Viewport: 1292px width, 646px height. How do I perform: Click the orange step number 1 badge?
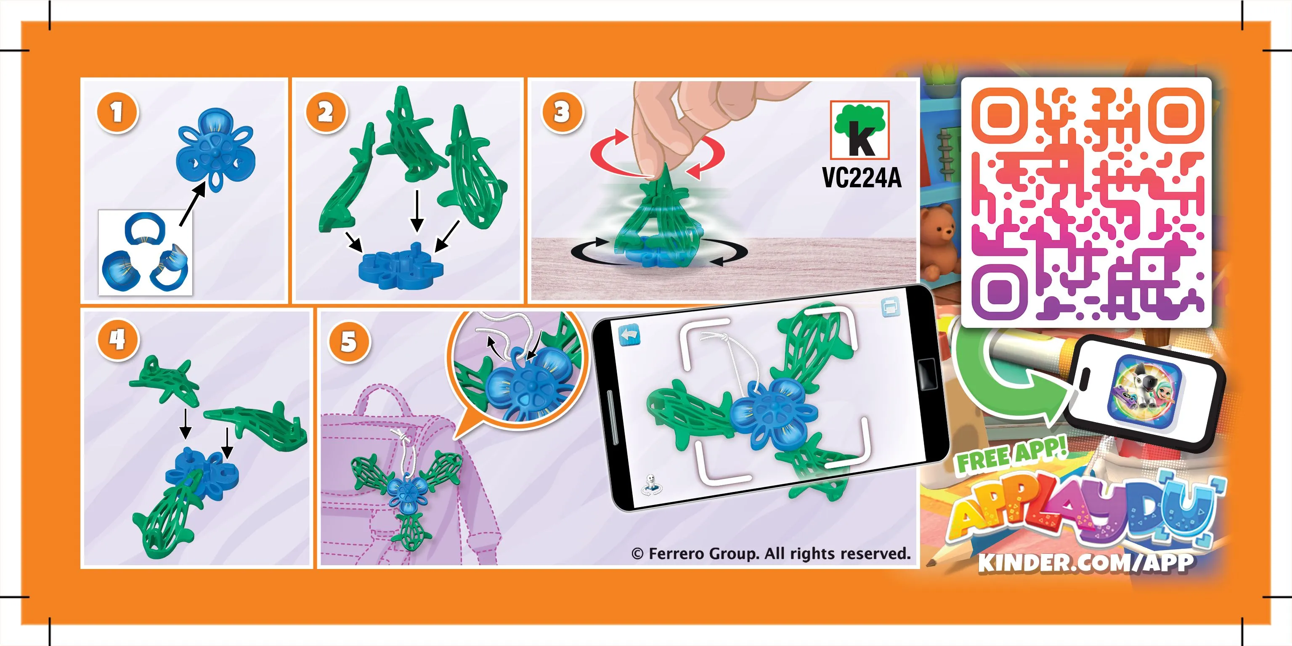coord(117,112)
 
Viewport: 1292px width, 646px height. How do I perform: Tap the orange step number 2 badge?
coord(326,112)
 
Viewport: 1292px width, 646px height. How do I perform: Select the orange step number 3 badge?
coord(562,112)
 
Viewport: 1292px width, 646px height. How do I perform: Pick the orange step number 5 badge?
coord(349,342)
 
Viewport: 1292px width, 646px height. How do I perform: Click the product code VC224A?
coord(862,178)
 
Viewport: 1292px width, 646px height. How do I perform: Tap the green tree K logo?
coord(860,130)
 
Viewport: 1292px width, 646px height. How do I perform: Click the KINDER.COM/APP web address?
coord(1086,562)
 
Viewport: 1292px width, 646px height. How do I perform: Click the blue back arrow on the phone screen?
coord(630,335)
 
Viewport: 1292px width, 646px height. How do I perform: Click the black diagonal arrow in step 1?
coord(193,204)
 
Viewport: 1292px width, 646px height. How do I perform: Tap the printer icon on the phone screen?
coord(890,308)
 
